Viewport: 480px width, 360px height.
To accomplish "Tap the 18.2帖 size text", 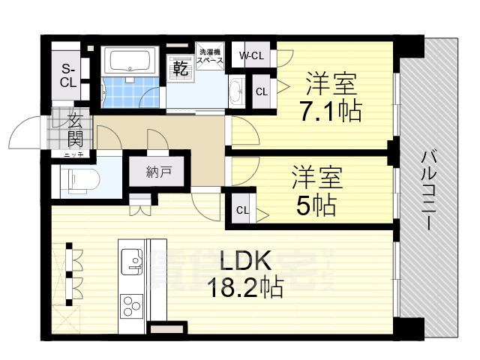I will (245, 287).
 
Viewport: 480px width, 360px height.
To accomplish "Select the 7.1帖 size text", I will (329, 111).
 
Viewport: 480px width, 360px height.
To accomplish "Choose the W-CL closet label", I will (250, 55).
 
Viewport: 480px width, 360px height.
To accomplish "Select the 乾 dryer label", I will (180, 69).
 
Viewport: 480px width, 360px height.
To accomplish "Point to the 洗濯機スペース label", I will (210, 58).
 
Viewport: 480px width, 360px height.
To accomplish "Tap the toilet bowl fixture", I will (79, 178).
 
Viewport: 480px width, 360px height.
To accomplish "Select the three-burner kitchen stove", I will (132, 307).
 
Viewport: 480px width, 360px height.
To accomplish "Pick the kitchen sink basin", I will (133, 259).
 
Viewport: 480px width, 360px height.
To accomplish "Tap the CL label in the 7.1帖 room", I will (261, 92).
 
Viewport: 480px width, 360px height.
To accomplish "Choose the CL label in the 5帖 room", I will (243, 210).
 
